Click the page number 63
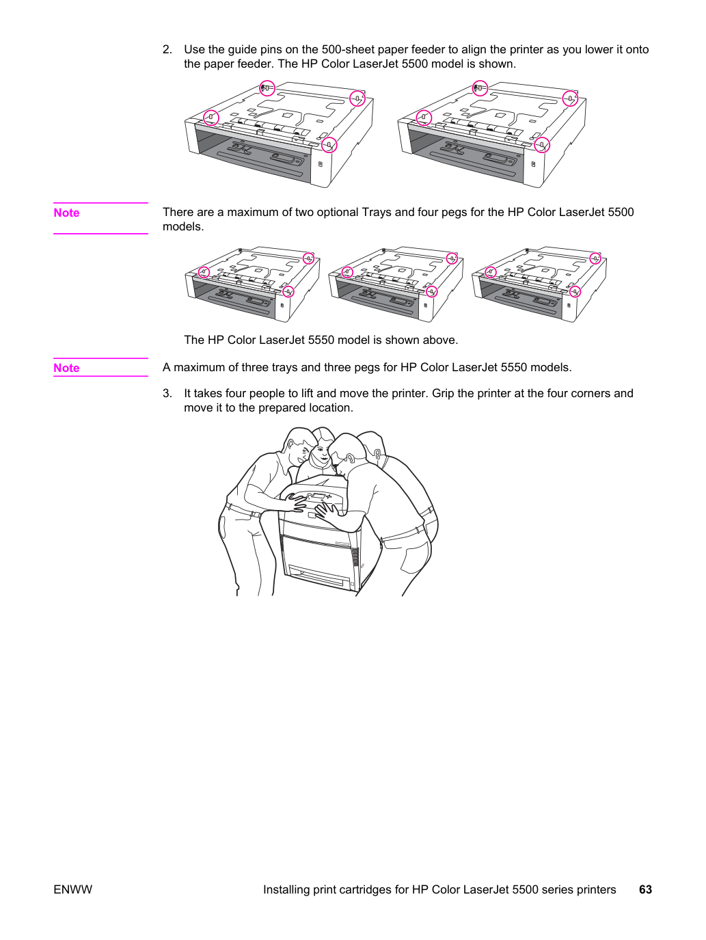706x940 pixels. tap(645, 889)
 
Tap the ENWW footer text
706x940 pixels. tap(72, 889)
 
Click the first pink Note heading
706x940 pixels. tap(66, 213)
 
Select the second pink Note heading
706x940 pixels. tap(66, 368)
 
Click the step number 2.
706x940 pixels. tap(167, 50)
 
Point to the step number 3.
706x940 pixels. tap(167, 393)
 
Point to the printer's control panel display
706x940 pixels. tap(318, 496)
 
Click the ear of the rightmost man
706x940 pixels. tap(377, 454)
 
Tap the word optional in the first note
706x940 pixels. tap(335, 213)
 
